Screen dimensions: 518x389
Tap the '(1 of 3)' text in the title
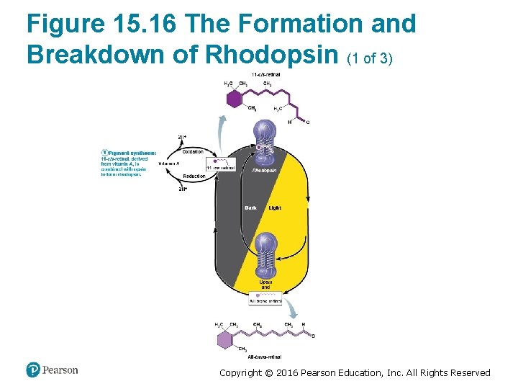370,57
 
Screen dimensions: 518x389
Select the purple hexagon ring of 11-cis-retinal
234,99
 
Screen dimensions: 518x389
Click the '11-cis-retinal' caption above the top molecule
265,75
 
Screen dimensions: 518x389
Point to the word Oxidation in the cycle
193,151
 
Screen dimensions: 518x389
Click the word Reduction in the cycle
194,176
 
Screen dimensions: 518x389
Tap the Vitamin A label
170,164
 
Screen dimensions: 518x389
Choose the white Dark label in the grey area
250,208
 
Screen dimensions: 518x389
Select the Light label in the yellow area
275,208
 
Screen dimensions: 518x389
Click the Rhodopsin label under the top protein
264,171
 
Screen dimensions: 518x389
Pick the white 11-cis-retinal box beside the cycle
220,165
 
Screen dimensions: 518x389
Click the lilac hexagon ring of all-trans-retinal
225,339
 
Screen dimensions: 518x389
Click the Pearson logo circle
33,370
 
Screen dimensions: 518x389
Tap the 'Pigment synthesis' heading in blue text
135,153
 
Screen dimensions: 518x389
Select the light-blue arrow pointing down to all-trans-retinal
291,310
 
